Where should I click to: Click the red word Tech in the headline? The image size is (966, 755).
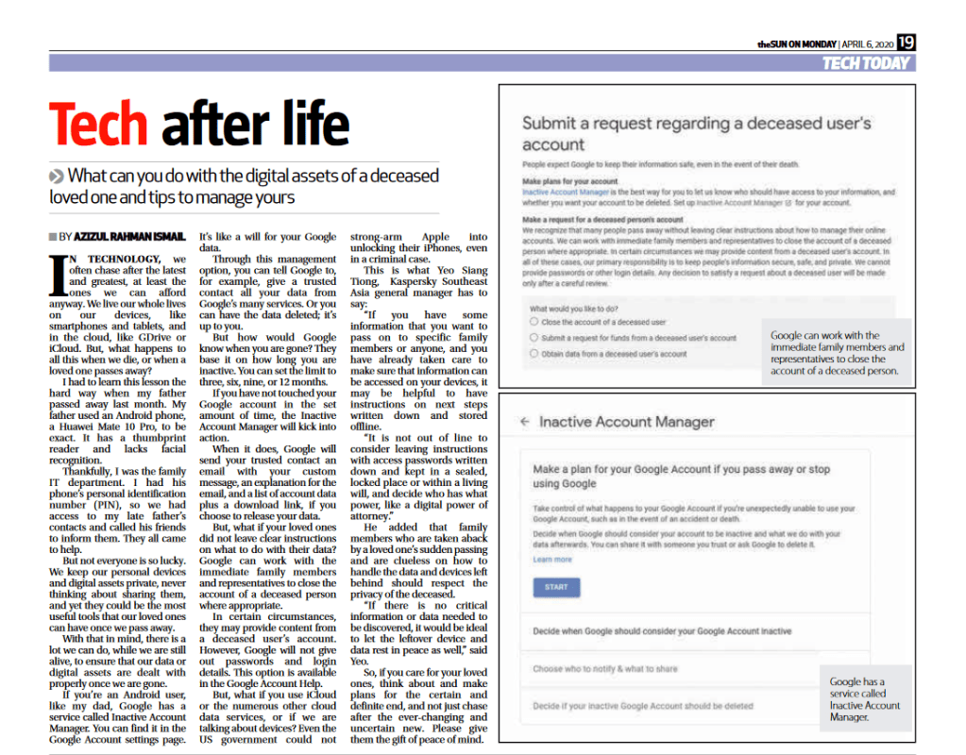point(98,126)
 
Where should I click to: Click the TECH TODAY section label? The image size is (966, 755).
point(865,63)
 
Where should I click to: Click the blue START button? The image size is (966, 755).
point(556,587)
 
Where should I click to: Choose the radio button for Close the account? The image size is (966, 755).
point(534,322)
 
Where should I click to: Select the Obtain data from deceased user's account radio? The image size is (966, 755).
point(534,354)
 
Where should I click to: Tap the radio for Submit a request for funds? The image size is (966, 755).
point(534,338)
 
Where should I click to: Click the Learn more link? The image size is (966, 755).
point(552,560)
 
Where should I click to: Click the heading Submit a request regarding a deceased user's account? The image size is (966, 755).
point(696,133)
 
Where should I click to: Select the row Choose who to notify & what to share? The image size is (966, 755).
point(605,669)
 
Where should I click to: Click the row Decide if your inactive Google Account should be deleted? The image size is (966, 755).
point(642,705)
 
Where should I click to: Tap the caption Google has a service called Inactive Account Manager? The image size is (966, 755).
point(865,699)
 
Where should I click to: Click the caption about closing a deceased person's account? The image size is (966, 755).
point(837,353)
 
